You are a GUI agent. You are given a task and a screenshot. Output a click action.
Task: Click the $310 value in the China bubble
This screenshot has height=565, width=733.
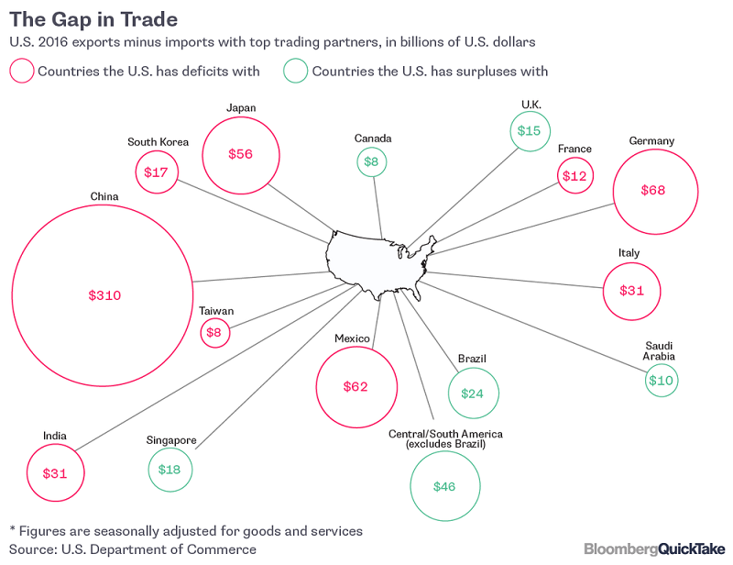click(x=104, y=295)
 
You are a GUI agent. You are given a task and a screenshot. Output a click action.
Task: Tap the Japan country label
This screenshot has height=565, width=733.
click(x=240, y=108)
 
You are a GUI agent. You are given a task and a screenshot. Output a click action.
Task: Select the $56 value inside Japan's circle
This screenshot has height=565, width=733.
click(x=240, y=154)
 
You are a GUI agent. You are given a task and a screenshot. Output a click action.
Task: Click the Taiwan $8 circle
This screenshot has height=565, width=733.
click(x=215, y=333)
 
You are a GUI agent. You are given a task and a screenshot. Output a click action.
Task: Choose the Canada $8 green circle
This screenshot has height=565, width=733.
click(x=372, y=162)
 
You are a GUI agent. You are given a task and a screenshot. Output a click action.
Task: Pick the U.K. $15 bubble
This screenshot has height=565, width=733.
click(x=529, y=131)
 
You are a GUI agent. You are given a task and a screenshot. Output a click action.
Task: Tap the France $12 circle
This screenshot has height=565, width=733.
click(x=575, y=175)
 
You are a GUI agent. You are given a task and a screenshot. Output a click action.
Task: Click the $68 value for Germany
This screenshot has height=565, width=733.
click(x=652, y=191)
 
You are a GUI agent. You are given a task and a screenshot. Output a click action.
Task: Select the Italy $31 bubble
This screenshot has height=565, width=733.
click(x=632, y=291)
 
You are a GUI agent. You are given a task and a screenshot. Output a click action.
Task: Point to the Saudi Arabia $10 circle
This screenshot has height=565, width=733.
click(x=660, y=380)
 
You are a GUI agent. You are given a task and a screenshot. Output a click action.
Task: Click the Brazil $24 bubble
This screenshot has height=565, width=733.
click(x=473, y=393)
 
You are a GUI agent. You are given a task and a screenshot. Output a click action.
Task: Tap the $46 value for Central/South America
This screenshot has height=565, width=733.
click(x=444, y=486)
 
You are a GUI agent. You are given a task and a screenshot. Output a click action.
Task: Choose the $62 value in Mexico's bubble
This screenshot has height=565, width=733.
click(x=355, y=386)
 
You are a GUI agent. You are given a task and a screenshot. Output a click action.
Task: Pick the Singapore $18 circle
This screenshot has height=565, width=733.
click(x=170, y=469)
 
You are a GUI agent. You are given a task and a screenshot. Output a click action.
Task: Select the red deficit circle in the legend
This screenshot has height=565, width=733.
click(x=21, y=72)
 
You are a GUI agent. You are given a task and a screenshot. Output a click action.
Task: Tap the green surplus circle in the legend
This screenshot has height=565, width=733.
click(x=295, y=72)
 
